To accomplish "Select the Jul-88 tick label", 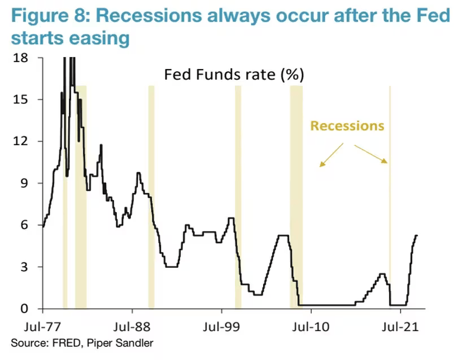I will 132,327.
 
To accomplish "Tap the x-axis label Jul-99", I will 221,327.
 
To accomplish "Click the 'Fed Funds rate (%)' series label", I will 234,75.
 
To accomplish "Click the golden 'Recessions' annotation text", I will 347,125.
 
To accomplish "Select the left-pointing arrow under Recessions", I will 331,155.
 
